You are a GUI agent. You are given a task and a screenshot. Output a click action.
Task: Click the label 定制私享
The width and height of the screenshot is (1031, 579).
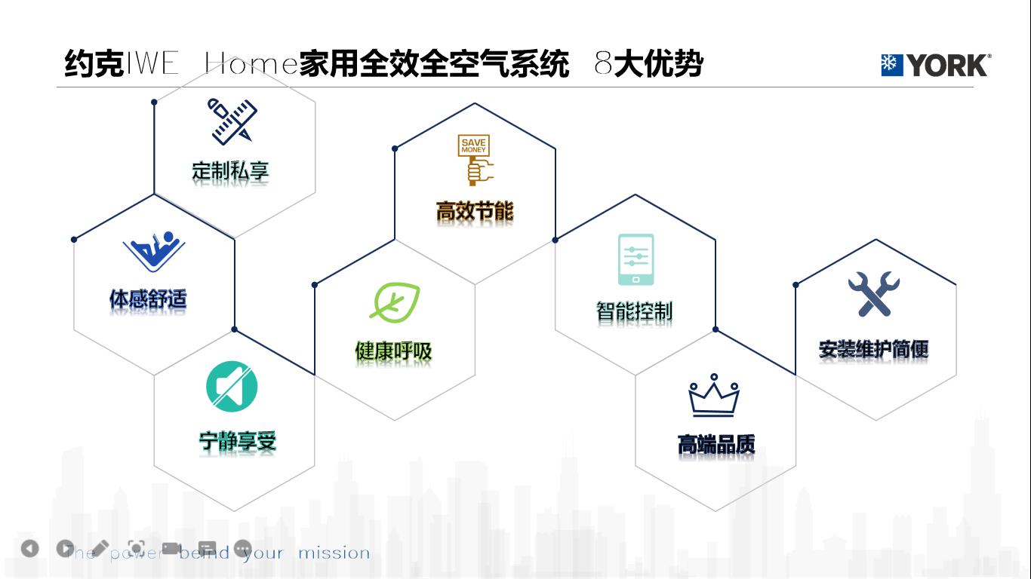(x=230, y=171)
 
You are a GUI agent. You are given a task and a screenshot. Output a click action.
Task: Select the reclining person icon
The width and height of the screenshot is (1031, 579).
(x=154, y=252)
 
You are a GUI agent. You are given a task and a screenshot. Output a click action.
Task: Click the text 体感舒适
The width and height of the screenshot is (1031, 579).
(x=148, y=300)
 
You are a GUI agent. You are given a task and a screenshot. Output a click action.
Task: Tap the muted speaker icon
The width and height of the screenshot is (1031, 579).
(x=232, y=388)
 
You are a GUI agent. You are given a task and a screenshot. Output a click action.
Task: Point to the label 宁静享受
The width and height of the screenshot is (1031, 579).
(x=237, y=441)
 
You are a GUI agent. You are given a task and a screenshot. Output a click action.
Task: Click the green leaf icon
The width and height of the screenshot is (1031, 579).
(x=394, y=302)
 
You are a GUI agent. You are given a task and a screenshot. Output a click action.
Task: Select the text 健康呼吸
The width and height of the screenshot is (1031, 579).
(x=393, y=351)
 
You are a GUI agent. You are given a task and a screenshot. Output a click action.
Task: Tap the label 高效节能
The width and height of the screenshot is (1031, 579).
(x=475, y=211)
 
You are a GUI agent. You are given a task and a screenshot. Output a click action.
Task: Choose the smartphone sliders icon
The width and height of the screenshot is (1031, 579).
(x=636, y=259)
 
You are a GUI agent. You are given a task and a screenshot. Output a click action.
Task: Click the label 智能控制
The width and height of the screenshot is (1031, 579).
(x=634, y=311)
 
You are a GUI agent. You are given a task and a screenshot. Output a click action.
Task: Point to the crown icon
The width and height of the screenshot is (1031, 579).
(x=713, y=396)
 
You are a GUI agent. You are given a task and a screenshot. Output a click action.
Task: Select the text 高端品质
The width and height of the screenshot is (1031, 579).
(x=716, y=445)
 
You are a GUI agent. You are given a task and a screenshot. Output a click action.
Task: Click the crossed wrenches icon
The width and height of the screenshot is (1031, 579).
(x=874, y=294)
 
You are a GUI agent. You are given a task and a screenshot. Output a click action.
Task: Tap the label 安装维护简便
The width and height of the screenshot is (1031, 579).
(x=873, y=349)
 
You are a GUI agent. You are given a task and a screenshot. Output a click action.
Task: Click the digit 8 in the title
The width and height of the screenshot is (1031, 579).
(x=602, y=65)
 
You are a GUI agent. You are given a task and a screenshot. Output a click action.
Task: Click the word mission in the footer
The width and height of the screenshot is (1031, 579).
(x=334, y=553)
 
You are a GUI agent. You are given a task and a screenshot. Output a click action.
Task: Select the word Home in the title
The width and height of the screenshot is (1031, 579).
(x=250, y=65)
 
